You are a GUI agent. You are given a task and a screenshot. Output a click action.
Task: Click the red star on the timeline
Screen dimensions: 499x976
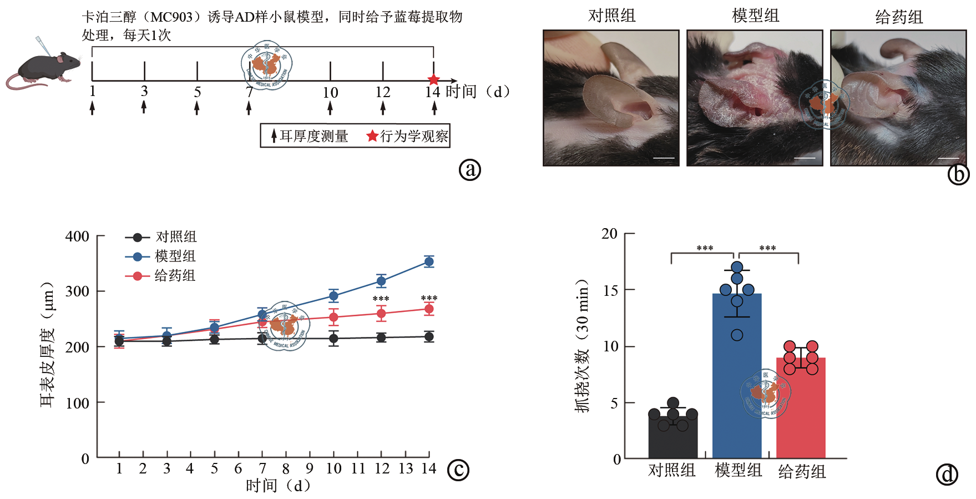(x=434, y=80)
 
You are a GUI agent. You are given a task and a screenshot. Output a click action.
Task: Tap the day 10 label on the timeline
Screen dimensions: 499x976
(x=330, y=93)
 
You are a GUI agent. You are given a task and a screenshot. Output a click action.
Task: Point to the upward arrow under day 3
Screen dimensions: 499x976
(x=144, y=107)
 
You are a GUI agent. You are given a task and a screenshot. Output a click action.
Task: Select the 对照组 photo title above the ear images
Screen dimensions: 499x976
(x=611, y=16)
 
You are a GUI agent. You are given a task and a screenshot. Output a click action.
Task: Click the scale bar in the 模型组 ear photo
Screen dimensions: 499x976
(x=805, y=158)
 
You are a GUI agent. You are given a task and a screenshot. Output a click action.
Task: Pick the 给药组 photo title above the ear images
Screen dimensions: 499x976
(x=899, y=17)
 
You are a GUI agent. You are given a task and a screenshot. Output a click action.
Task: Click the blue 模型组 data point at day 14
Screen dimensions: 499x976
(x=429, y=261)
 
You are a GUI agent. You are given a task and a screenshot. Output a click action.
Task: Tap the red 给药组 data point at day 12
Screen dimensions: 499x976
(x=381, y=314)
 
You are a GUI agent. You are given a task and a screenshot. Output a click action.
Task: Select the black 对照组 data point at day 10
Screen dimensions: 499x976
(x=333, y=339)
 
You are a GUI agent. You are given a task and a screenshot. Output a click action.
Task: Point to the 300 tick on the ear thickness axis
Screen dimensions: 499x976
(x=77, y=291)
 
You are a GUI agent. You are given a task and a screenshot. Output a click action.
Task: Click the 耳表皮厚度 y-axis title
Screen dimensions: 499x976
(x=48, y=344)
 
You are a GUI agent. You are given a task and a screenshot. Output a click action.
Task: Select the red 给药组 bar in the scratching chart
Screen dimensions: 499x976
(x=801, y=411)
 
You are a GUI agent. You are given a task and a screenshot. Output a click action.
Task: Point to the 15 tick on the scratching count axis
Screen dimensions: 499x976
(x=610, y=290)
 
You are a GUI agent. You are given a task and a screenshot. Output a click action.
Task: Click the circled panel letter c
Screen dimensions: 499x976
(x=458, y=470)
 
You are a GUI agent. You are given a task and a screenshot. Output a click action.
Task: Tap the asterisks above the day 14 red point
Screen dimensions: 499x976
(x=429, y=299)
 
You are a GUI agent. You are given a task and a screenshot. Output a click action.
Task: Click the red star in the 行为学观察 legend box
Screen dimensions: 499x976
(x=372, y=136)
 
